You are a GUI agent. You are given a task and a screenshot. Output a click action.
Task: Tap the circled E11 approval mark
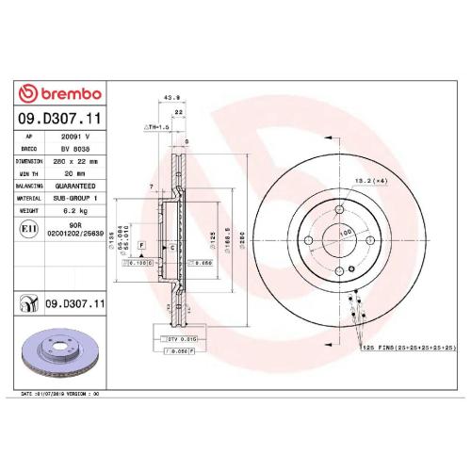pos(29,228)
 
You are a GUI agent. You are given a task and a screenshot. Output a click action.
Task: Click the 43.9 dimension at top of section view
pos(171,97)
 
